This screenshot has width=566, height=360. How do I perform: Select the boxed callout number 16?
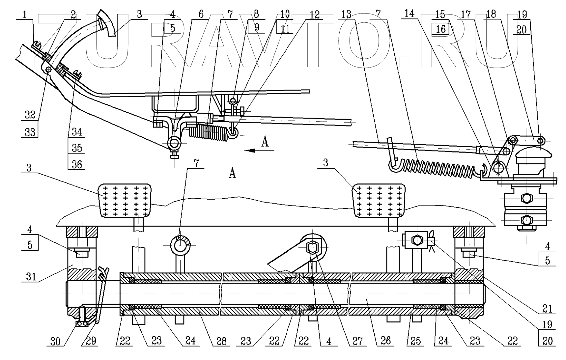(440, 29)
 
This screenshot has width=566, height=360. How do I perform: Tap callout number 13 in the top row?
(347, 14)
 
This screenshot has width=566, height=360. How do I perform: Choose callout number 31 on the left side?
(31, 276)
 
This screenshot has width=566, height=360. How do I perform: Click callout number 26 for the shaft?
(385, 341)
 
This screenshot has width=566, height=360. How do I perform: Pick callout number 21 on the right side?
(547, 309)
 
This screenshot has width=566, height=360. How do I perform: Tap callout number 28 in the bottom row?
(221, 341)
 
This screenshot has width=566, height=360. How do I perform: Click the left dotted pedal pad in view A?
(125, 201)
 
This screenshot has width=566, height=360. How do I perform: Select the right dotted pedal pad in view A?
(379, 201)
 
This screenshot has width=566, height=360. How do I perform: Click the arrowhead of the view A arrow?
(249, 151)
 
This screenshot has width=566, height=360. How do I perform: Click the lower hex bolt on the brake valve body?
(526, 219)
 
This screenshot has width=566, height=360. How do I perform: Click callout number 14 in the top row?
(409, 14)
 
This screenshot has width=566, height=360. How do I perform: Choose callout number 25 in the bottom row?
(415, 341)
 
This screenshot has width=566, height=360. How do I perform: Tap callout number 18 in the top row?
(491, 14)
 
